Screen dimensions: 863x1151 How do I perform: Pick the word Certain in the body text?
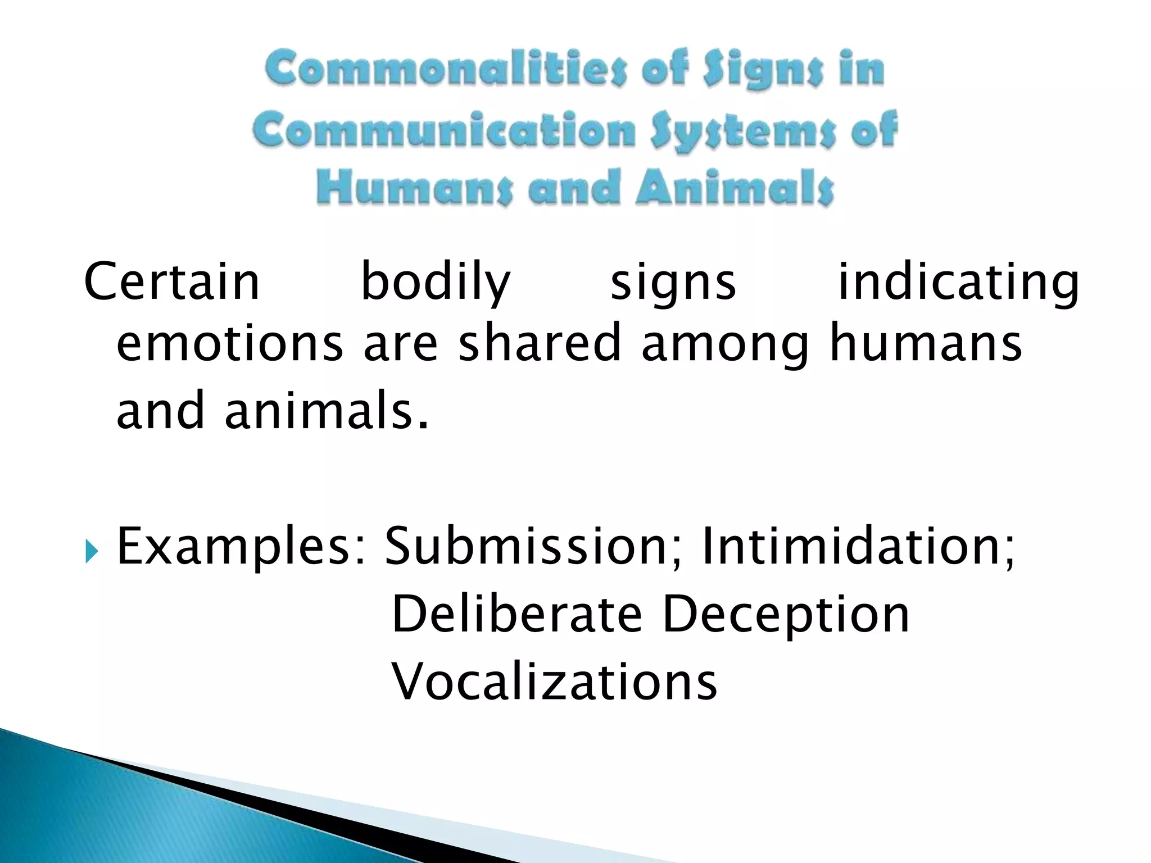(x=171, y=281)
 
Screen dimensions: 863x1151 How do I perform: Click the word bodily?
(x=435, y=283)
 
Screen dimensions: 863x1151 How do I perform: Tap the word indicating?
(x=958, y=283)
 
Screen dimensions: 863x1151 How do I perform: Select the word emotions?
(x=229, y=343)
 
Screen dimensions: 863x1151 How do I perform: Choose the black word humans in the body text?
(x=926, y=343)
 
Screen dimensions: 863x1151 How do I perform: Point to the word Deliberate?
(x=516, y=614)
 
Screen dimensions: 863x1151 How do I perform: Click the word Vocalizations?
(x=554, y=682)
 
